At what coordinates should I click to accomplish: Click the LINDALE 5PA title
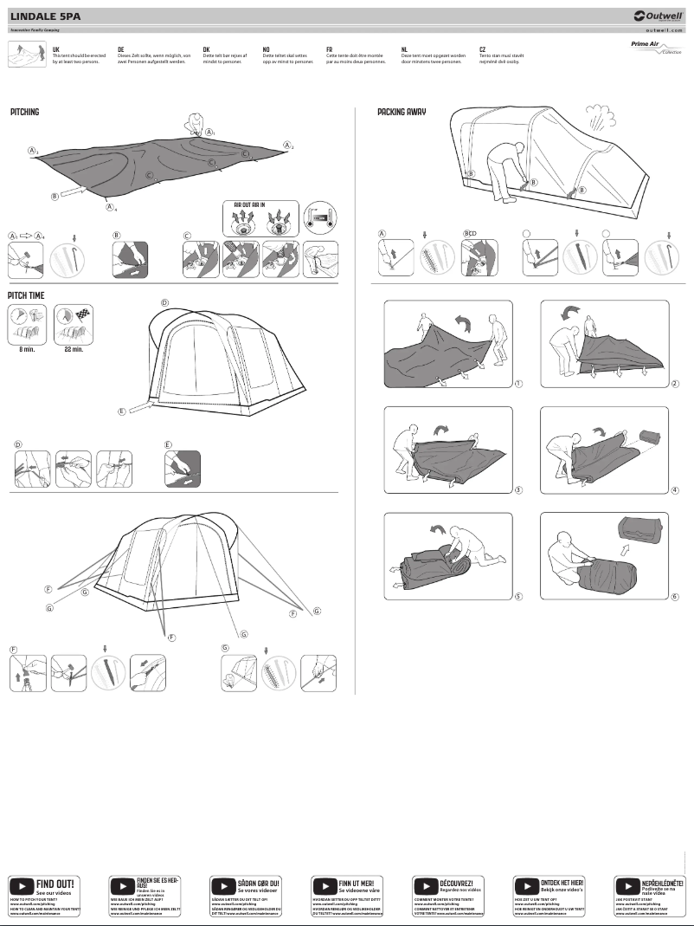[40, 15]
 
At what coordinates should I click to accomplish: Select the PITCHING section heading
[25, 113]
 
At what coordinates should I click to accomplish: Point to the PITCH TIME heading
[27, 295]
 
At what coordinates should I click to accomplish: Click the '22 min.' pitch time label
[74, 349]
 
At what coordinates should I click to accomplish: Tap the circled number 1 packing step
[517, 383]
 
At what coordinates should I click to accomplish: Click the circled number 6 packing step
[674, 596]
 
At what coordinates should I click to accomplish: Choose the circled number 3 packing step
[517, 490]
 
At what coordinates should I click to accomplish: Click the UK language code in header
[56, 50]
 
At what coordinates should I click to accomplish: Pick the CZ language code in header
[482, 50]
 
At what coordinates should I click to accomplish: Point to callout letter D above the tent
[164, 302]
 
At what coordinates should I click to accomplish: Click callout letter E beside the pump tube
[122, 411]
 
